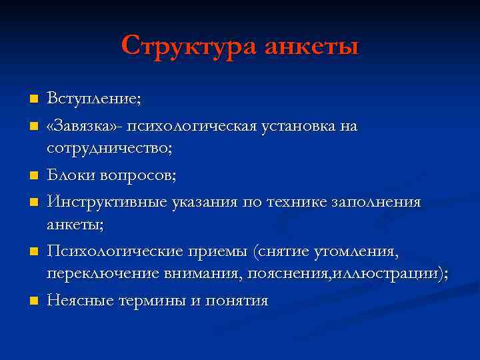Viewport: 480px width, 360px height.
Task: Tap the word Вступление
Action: (x=93, y=99)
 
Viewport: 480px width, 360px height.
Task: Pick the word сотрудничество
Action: (x=109, y=149)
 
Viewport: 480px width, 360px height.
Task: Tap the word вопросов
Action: (x=144, y=175)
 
